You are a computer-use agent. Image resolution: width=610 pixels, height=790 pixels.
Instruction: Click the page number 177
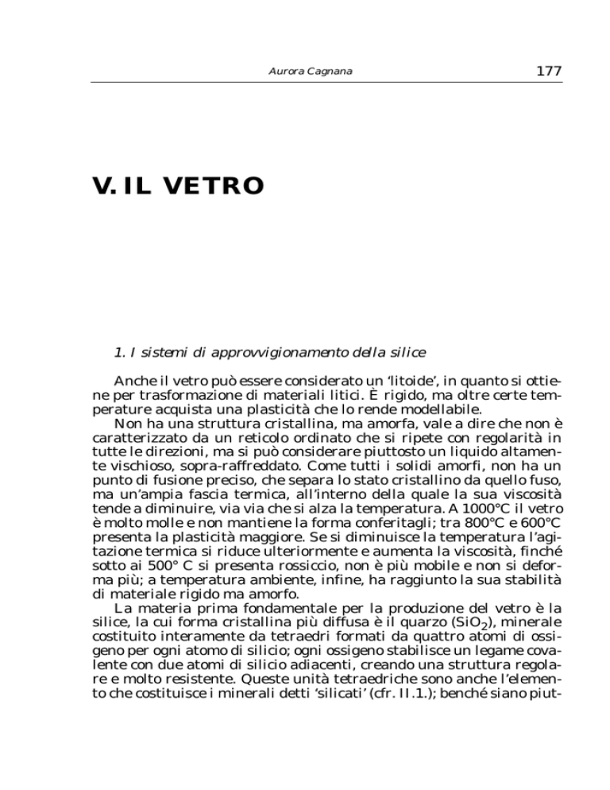coord(548,71)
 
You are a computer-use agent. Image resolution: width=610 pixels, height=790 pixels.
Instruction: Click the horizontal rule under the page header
coord(326,82)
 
